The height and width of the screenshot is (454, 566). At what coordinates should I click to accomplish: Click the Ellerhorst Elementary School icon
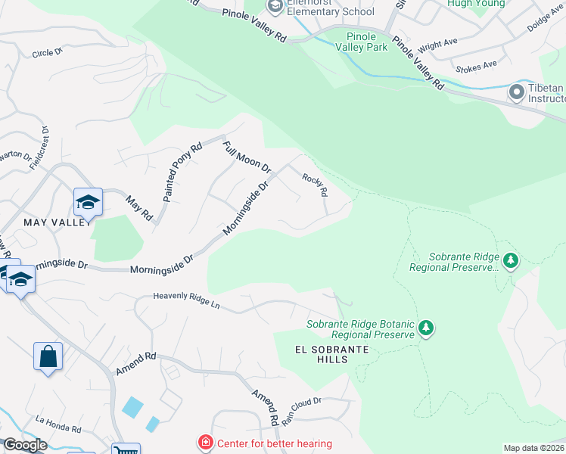[x=274, y=6]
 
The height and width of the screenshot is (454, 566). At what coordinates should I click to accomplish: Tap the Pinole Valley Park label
[x=367, y=42]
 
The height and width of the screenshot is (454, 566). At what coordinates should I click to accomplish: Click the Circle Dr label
[x=50, y=54]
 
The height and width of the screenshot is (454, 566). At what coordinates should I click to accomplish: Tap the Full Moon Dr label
[x=247, y=154]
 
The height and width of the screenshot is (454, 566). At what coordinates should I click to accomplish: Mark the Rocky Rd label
[x=315, y=185]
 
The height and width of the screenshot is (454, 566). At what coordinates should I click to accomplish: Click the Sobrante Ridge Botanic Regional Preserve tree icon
[x=427, y=328]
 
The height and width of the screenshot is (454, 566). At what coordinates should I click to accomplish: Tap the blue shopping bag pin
[x=48, y=356]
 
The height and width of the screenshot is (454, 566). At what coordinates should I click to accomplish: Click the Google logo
[x=25, y=446]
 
